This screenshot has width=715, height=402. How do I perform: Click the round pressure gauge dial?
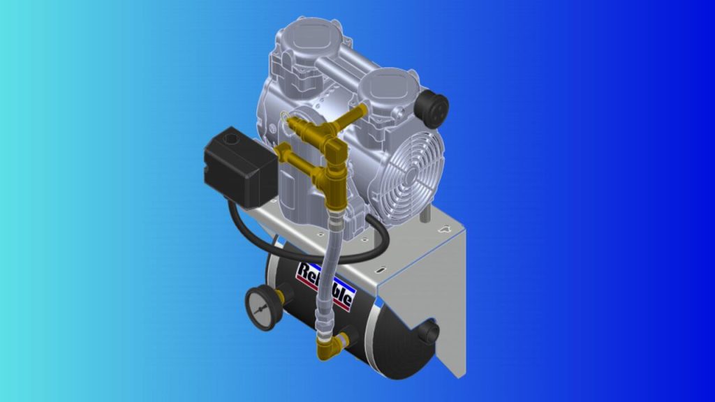click(x=263, y=308)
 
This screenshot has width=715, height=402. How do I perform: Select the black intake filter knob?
click(x=430, y=106)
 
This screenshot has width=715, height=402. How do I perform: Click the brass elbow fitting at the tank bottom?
click(x=328, y=345)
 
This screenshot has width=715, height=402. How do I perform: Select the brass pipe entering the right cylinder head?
click(x=353, y=116)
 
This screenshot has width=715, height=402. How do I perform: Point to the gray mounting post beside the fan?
click(x=424, y=212)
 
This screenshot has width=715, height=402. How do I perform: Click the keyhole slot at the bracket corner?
click(x=444, y=229)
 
